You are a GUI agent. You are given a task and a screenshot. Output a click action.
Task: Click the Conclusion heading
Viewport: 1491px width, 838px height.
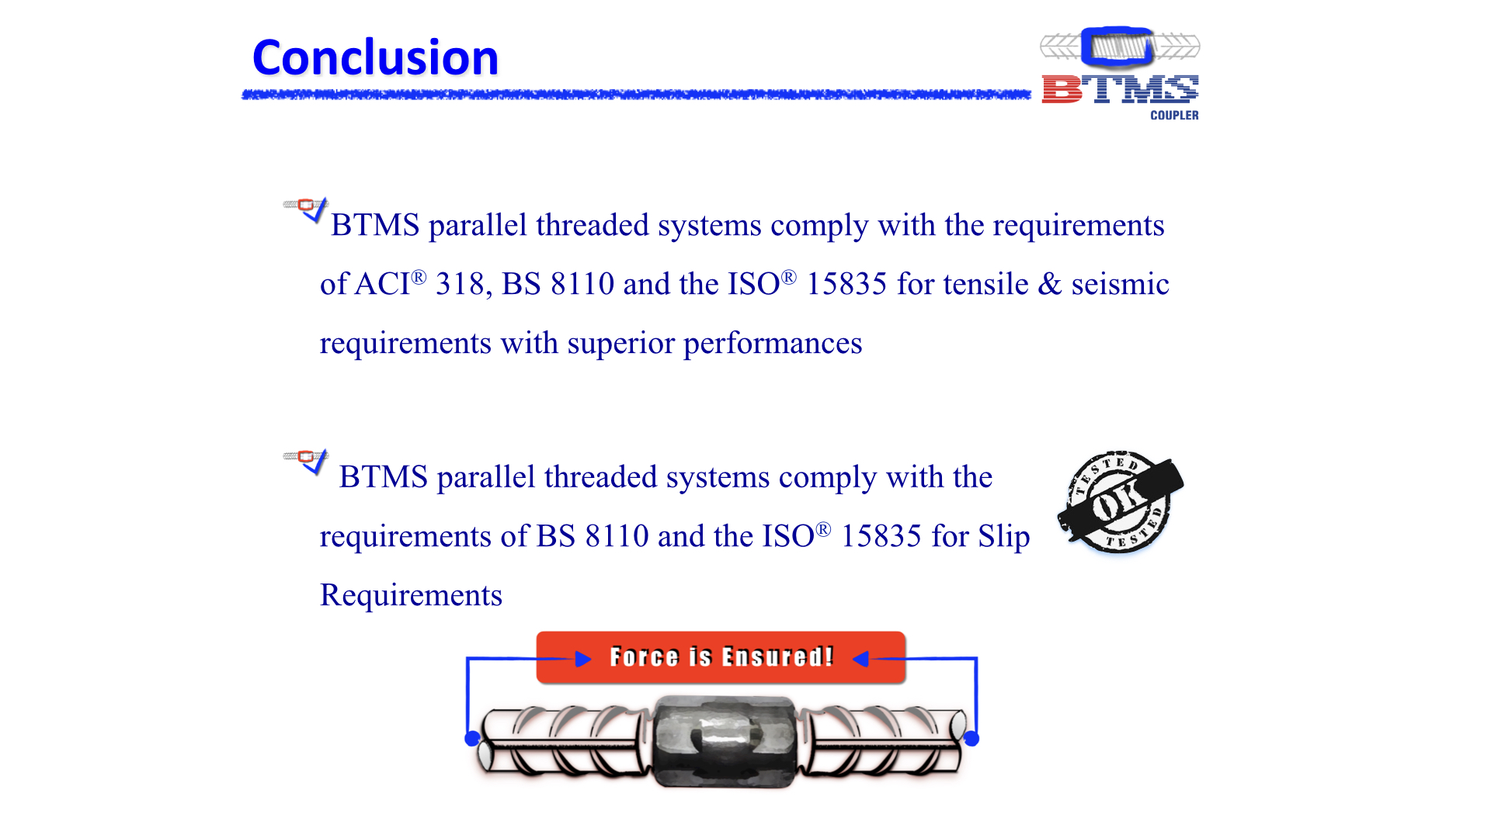375,57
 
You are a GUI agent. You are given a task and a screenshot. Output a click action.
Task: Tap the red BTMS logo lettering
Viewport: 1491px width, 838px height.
1120,89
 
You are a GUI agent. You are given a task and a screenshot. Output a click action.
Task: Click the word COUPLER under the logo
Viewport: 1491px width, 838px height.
1174,115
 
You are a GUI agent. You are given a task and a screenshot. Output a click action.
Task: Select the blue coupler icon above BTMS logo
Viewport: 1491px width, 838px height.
1117,47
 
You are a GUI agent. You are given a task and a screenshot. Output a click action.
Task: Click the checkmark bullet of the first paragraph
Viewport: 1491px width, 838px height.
307,208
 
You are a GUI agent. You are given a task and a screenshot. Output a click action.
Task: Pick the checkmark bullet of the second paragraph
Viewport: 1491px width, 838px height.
307,460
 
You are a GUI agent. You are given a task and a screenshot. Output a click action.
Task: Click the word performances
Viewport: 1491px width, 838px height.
773,343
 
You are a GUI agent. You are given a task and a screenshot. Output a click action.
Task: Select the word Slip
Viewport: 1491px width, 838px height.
1003,536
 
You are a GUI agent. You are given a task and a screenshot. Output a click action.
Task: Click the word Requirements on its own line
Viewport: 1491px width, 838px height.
412,595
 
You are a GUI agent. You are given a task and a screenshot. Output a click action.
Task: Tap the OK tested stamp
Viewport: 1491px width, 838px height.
1120,502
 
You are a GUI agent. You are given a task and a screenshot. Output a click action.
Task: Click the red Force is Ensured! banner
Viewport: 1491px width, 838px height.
721,657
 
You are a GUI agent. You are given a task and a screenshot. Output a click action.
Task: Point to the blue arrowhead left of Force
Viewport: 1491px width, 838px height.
583,660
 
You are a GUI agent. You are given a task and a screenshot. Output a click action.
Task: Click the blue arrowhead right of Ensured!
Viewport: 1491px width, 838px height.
860,660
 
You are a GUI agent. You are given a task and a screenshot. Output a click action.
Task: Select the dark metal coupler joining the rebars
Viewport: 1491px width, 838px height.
724,742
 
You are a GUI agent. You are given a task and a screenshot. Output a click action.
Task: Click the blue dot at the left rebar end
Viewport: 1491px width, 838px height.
472,739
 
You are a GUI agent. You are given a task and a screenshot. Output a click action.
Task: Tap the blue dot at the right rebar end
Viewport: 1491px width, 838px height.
971,739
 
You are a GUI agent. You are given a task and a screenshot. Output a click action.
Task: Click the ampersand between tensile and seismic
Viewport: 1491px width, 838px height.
1049,284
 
